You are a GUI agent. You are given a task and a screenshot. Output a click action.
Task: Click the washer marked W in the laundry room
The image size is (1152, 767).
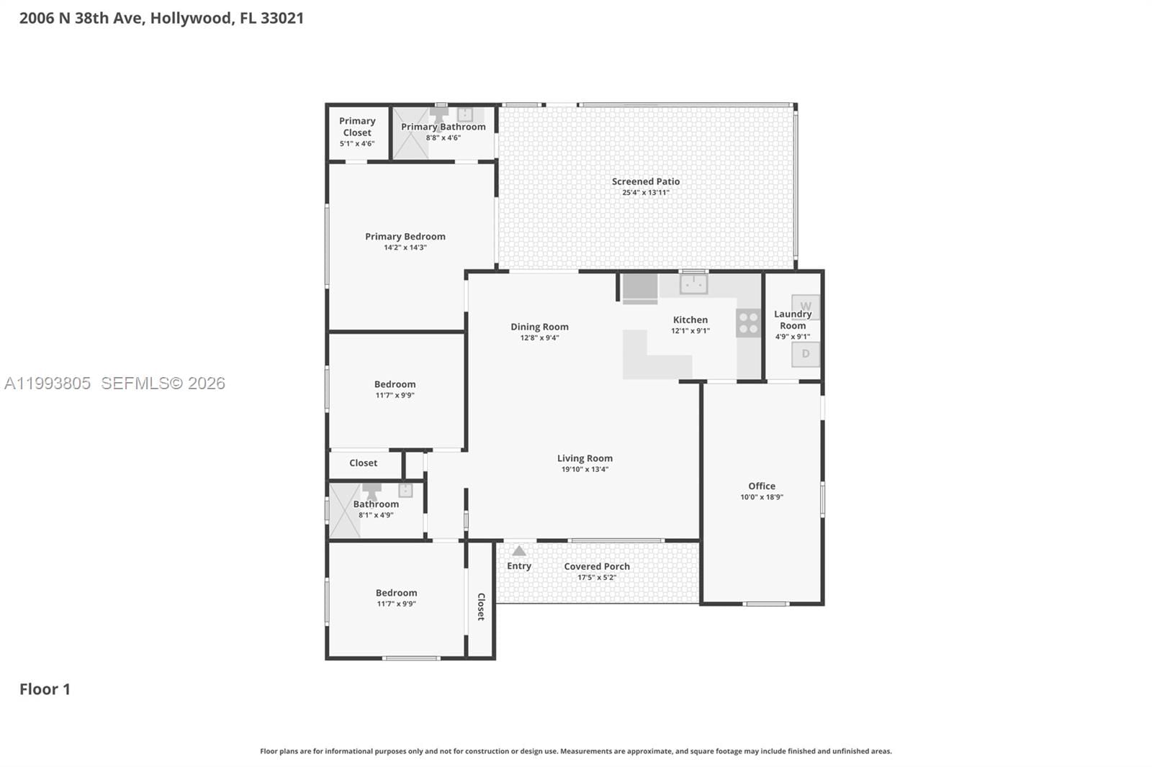805,306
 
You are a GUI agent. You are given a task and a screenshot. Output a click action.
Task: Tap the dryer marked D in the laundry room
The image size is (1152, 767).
805,353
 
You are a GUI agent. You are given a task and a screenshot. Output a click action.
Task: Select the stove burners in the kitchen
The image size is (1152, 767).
748,323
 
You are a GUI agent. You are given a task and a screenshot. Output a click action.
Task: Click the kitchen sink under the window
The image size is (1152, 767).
693,284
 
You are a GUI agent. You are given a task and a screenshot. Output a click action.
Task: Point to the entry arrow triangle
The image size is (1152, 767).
519,551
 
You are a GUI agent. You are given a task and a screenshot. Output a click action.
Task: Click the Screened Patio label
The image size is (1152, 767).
646,181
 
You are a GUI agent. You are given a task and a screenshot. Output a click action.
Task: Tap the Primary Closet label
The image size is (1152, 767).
357,127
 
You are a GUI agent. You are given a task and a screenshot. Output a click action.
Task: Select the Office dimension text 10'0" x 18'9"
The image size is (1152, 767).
762,497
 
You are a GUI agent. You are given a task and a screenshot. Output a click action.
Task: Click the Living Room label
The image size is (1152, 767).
585,458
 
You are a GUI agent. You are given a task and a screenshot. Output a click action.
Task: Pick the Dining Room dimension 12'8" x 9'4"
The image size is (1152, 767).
539,338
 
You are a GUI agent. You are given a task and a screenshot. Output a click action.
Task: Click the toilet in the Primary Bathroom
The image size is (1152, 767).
438,115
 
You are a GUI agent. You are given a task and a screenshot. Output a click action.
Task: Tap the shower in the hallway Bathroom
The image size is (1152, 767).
344,510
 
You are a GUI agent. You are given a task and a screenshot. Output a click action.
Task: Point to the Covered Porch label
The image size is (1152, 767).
597,566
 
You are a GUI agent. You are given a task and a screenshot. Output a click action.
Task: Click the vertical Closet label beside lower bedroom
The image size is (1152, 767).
481,607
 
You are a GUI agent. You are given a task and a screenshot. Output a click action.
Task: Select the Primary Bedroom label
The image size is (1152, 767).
405,236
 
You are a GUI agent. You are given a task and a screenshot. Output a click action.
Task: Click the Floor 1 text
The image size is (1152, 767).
45,689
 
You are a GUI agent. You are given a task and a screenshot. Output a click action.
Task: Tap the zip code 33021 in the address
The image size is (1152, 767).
282,18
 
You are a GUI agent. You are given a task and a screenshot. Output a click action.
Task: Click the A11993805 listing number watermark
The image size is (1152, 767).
48,383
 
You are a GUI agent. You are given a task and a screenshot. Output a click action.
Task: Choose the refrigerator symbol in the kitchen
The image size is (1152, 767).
640,288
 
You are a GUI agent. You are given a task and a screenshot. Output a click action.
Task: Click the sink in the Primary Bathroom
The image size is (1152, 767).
465,114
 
